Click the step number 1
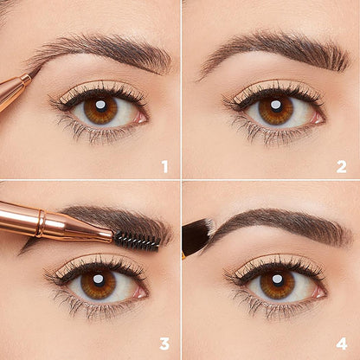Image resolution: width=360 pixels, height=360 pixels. (164, 167)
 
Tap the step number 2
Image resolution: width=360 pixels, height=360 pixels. (341, 167)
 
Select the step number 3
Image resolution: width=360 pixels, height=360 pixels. (164, 344)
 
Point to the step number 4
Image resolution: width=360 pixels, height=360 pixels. (342, 344)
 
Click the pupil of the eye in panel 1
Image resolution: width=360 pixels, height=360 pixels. (100, 107)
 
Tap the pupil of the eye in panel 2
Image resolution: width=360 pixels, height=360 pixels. (276, 106)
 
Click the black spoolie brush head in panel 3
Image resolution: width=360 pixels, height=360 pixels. (137, 240)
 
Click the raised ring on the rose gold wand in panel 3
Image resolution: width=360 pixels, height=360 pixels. (41, 224)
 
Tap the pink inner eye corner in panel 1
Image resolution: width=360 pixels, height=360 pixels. (142, 117)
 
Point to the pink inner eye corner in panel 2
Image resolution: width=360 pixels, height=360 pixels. (318, 118)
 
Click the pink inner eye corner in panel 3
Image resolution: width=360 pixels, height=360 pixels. (140, 292)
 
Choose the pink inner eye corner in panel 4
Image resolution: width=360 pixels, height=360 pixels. (319, 292)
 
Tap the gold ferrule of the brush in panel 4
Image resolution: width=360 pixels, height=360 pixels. (183, 255)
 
